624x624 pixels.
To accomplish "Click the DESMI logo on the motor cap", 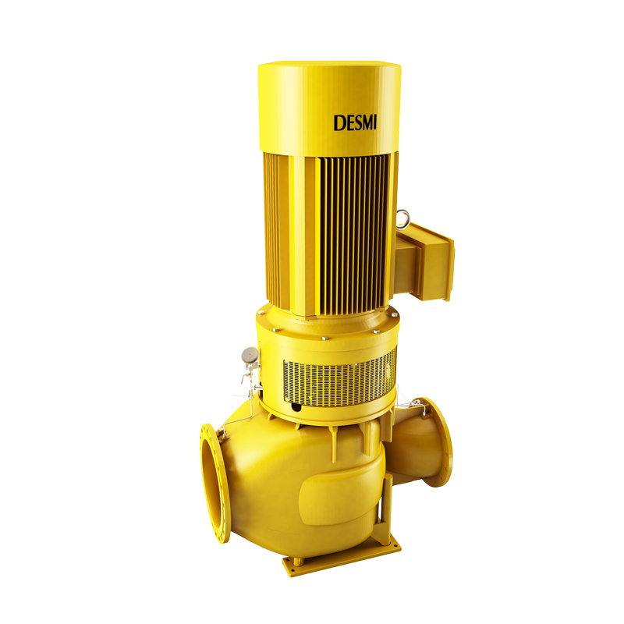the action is click(x=355, y=123).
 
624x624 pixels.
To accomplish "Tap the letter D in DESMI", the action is click(x=339, y=123).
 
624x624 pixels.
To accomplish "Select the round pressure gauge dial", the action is click(x=250, y=355).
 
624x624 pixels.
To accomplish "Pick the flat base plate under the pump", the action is click(x=342, y=555).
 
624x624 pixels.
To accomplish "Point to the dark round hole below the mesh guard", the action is click(x=296, y=406).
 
